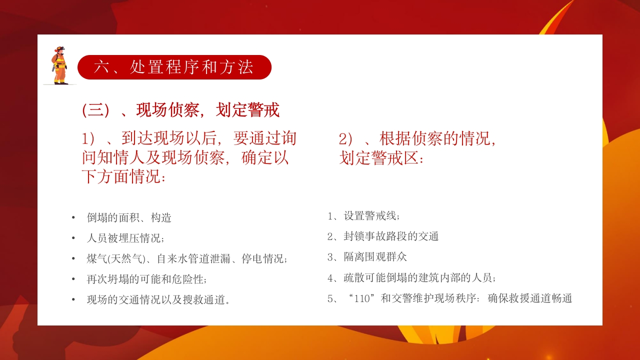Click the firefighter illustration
click(59, 65)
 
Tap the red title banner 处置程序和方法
click(174, 67)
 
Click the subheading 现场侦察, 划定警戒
click(180, 110)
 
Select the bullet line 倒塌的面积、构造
click(129, 217)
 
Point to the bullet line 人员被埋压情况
click(125, 238)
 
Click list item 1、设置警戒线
click(363, 216)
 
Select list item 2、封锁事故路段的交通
click(383, 236)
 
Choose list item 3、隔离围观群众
click(367, 257)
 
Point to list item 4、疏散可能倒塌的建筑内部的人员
click(411, 277)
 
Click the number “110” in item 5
click(362, 298)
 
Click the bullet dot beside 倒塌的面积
click(73, 217)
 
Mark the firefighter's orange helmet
click(60, 49)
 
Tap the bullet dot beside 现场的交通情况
click(73, 299)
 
